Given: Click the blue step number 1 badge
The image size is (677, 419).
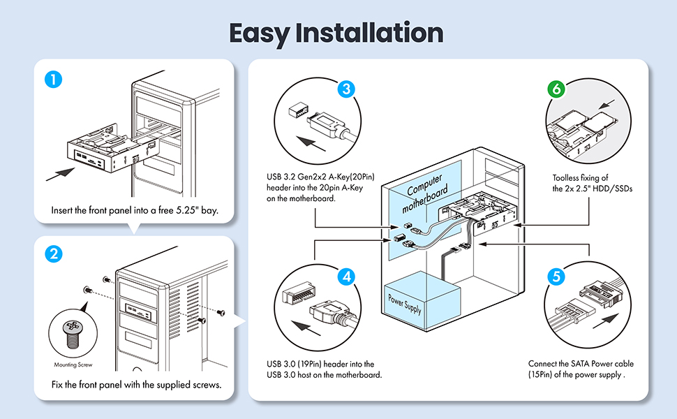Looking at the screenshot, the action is [x=54, y=80].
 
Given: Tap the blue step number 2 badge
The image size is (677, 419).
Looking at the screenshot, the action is [x=54, y=253].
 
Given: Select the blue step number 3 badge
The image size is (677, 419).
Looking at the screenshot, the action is [x=346, y=89].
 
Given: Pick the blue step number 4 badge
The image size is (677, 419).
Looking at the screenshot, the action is [x=347, y=277].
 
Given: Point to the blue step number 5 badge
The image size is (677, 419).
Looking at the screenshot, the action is [x=556, y=277].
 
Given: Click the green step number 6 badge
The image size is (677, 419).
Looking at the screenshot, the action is [x=556, y=89].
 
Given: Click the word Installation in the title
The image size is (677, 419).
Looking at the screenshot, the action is [x=370, y=33].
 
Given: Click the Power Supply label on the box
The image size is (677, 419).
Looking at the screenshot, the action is [x=405, y=304].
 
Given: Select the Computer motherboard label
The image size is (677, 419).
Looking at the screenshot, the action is [x=425, y=193].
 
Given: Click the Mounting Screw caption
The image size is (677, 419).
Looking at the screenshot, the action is [x=73, y=365].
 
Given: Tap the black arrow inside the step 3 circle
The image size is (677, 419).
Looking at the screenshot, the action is [x=311, y=143].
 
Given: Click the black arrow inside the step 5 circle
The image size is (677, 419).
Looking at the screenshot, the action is [x=606, y=321].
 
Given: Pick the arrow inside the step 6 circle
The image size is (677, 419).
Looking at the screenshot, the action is [x=607, y=104].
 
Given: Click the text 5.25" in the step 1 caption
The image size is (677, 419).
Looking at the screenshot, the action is [x=187, y=210].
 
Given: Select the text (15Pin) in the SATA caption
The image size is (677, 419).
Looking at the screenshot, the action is [x=540, y=374].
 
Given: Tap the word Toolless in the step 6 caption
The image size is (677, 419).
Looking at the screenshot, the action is [x=565, y=177].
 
